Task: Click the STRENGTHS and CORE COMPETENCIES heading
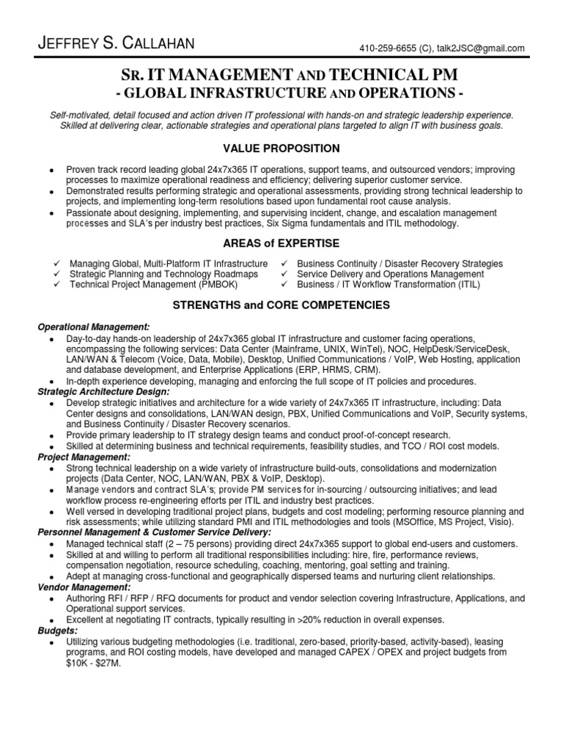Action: click(281, 305)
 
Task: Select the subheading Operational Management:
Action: click(94, 326)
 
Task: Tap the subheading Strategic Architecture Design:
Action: click(103, 392)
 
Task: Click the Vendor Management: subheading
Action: click(84, 587)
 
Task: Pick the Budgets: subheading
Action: click(57, 630)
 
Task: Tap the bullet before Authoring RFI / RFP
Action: click(51, 599)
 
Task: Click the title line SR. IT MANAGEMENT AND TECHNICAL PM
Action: click(281, 75)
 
